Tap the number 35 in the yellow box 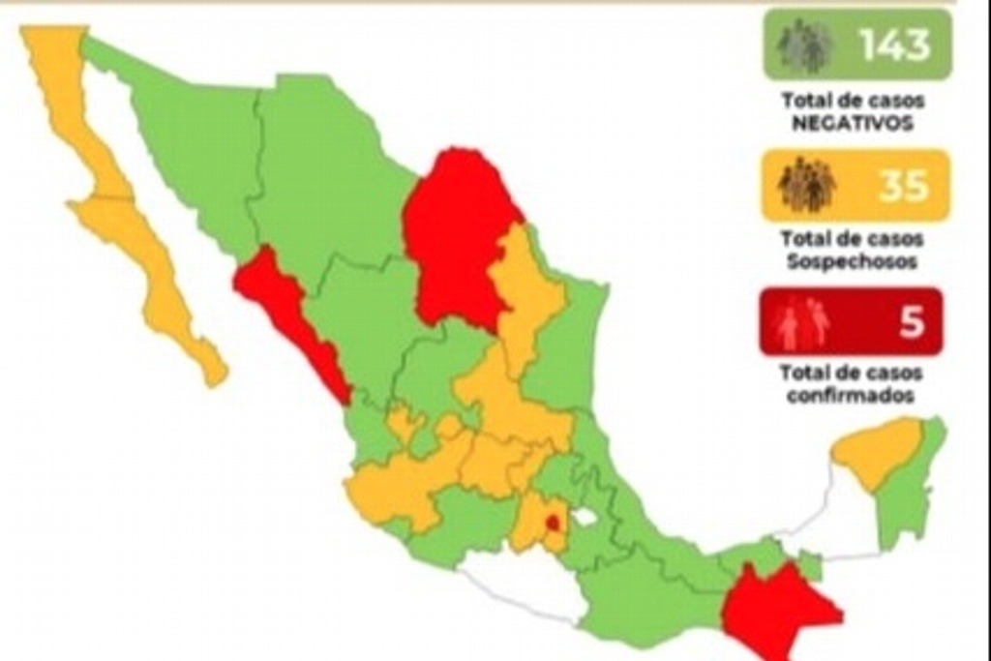click(x=904, y=186)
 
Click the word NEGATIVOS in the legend click(x=853, y=124)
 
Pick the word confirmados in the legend click(x=852, y=397)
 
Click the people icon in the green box click(x=804, y=46)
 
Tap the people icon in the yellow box click(x=806, y=185)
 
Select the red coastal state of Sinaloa click(x=290, y=319)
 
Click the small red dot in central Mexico click(x=553, y=524)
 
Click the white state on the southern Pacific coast click(x=527, y=586)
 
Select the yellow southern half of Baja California click(x=155, y=281)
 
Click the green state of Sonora click(x=194, y=145)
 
